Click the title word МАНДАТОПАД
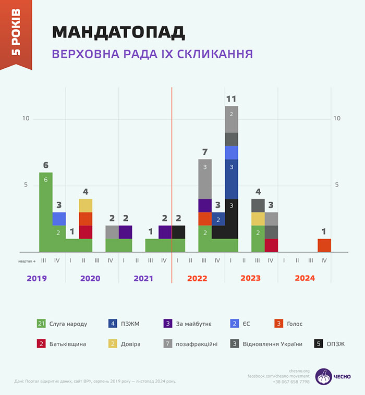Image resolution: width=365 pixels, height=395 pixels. [118, 32]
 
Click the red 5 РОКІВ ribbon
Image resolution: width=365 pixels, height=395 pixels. [16, 36]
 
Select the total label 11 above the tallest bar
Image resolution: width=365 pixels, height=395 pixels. [232, 98]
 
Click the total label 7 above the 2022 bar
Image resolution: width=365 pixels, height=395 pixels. [205, 152]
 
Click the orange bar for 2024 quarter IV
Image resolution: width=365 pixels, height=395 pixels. [324, 245]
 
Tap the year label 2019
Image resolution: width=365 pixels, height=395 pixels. [36, 278]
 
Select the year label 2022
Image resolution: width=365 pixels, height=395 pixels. [198, 278]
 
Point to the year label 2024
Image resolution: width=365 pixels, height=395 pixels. [305, 278]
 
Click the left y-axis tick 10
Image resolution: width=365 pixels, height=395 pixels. [26, 119]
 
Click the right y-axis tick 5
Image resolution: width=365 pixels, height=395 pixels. [337, 185]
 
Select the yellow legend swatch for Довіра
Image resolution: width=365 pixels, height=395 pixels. [113, 344]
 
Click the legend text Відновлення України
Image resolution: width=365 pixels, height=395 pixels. [272, 344]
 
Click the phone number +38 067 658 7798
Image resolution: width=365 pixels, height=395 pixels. [290, 382]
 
